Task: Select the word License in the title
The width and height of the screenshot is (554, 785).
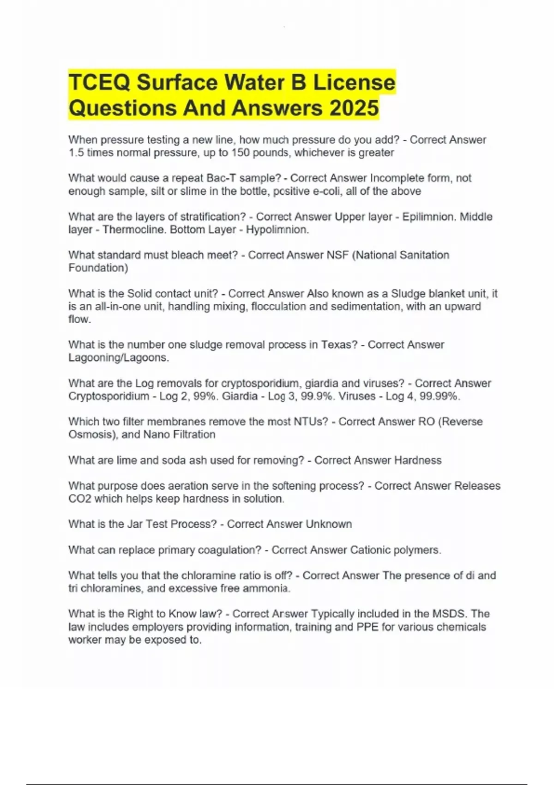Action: [x=355, y=83]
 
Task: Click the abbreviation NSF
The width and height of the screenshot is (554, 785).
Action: [x=337, y=255]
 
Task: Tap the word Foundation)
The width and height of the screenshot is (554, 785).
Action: [x=98, y=268]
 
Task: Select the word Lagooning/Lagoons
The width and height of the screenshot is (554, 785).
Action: [x=118, y=357]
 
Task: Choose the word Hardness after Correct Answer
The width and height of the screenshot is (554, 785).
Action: [x=418, y=460]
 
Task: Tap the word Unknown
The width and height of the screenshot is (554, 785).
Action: [x=329, y=524]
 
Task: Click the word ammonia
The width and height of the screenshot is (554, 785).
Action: [x=271, y=588]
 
